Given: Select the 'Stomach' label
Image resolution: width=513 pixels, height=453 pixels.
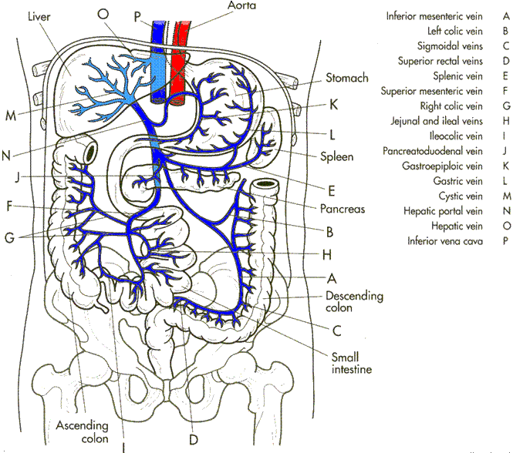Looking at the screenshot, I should [x=347, y=78].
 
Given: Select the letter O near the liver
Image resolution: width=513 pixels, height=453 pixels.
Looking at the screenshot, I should [x=103, y=13].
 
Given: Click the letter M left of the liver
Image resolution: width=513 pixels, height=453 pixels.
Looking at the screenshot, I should [x=11, y=116].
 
